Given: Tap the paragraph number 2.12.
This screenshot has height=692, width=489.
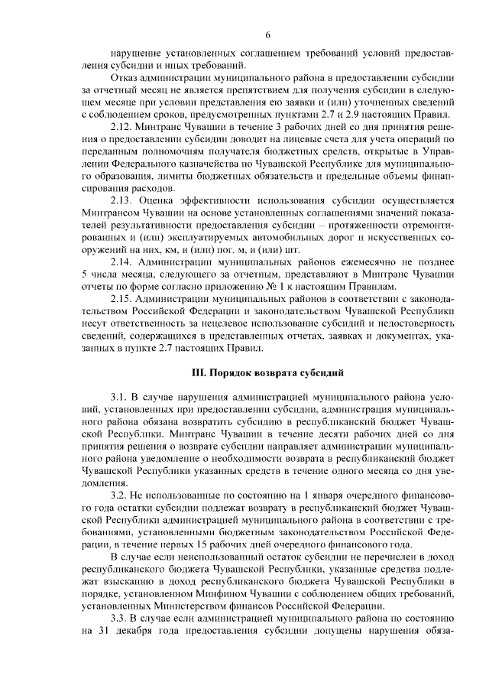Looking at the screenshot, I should pyautogui.click(x=123, y=125).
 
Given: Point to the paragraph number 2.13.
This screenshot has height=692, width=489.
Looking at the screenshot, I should pyautogui.click(x=123, y=200).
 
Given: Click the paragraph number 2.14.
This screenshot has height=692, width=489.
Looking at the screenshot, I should pyautogui.click(x=123, y=262).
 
